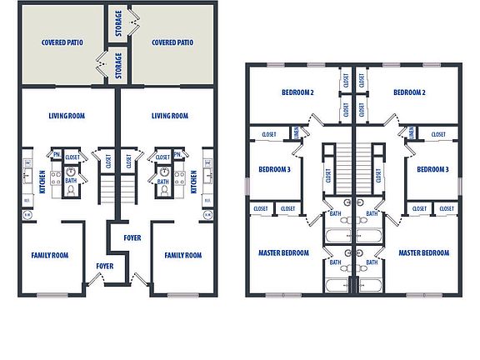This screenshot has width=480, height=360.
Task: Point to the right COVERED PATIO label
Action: click(x=172, y=42)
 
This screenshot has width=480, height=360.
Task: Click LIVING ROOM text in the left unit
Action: click(x=69, y=117)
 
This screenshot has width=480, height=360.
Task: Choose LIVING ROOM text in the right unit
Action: click(x=170, y=117)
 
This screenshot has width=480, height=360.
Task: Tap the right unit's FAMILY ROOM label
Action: click(x=183, y=255)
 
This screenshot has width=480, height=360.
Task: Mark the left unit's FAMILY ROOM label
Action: click(x=50, y=255)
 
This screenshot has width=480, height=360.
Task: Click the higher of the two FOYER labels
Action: click(x=132, y=237)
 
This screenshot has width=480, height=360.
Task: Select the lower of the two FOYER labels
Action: click(x=104, y=267)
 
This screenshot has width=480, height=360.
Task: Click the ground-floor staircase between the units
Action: click(x=106, y=188)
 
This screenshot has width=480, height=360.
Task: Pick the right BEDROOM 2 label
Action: click(x=410, y=92)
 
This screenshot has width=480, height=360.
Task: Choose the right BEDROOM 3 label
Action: click(x=432, y=169)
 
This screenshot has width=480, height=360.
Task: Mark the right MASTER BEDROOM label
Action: click(x=424, y=252)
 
